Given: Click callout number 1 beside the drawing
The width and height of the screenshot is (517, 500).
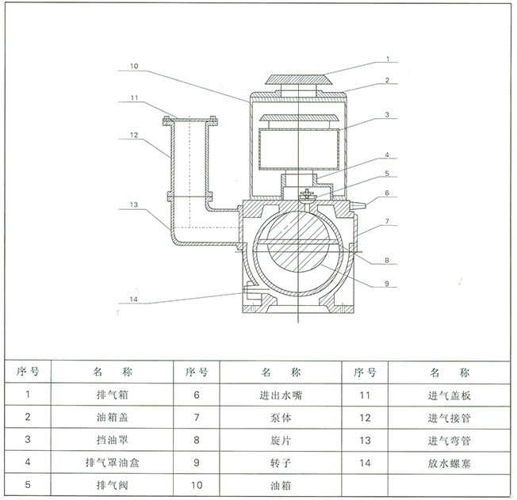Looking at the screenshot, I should point(389,59).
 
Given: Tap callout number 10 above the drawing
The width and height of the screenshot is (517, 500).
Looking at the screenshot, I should point(134,66).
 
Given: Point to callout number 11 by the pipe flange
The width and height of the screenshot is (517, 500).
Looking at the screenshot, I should point(135,99).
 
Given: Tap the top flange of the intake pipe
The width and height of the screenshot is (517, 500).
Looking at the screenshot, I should point(190,122).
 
